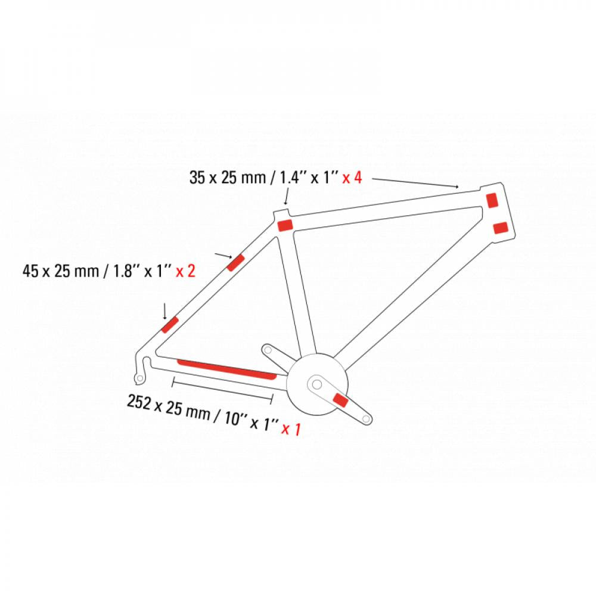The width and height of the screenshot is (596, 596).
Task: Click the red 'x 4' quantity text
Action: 352,178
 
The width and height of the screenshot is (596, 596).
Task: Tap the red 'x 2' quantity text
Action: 185,271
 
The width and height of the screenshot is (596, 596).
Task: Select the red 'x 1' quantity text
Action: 291,429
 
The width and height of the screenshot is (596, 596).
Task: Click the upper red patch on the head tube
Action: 492,200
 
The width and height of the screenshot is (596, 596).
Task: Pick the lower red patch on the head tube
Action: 501,228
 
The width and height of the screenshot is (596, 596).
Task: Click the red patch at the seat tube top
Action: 285,225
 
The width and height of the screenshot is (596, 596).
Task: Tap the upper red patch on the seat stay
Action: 235,263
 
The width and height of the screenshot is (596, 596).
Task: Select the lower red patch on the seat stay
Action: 170,325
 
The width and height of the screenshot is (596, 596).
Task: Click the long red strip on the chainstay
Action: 227,369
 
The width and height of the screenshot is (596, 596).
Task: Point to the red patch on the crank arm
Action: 340,401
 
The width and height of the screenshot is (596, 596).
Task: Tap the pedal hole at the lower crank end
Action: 366,419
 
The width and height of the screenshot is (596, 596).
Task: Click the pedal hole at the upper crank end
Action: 268,349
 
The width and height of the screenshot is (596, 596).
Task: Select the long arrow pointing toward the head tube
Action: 415,182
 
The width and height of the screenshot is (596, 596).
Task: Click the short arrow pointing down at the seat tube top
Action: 286,198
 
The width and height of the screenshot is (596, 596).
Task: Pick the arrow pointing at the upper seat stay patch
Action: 223,255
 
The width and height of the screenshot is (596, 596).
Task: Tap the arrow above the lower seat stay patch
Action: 164,311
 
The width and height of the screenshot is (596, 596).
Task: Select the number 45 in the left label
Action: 30,271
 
